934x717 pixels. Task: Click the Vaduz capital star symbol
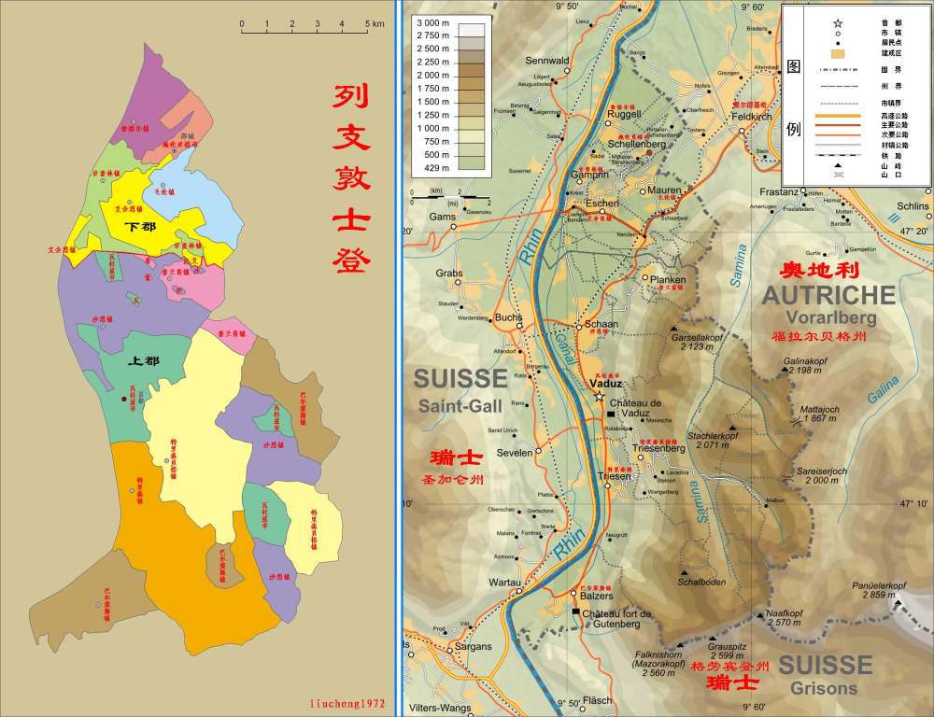[x=599, y=396]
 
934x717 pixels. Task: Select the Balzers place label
[x=595, y=595]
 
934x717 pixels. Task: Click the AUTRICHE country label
[x=829, y=296]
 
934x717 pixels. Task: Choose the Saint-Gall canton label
[x=460, y=405]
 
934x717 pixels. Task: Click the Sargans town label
[x=473, y=647]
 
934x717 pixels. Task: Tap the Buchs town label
[x=508, y=316]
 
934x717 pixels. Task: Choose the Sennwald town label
[x=547, y=61]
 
